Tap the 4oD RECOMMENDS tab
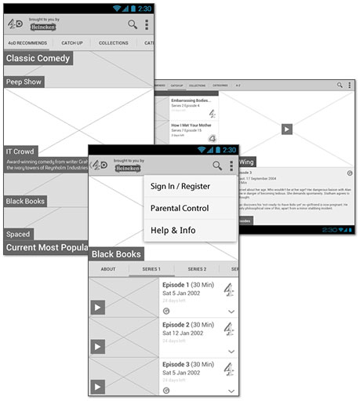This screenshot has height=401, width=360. click(x=27, y=42)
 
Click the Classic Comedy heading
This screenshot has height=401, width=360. click(x=38, y=58)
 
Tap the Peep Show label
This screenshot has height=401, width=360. click(x=24, y=82)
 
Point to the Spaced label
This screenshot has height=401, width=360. click(x=19, y=234)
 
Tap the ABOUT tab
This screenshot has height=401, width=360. click(x=108, y=268)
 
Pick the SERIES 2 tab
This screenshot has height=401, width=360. click(x=197, y=268)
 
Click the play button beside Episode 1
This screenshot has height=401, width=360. click(x=98, y=308)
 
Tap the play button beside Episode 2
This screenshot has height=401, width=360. click(x=98, y=347)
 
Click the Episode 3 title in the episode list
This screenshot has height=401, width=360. click(x=176, y=365)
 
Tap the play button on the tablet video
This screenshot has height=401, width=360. click(x=287, y=129)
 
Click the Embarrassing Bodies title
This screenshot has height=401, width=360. click(x=191, y=101)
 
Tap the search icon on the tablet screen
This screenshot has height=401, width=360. click(x=340, y=84)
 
